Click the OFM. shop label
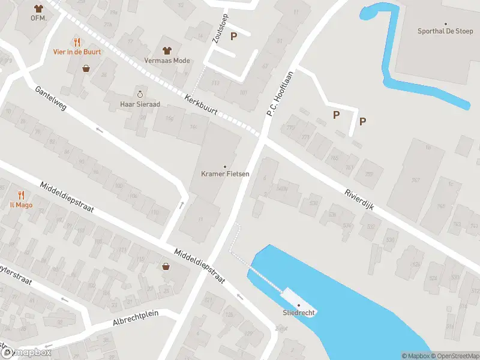coord(38,18)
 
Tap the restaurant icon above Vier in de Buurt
coord(77,42)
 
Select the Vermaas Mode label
coord(167,61)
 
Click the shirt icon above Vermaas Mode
coord(167,50)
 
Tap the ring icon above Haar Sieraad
coord(140,94)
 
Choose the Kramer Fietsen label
coord(225,175)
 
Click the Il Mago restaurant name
coord(21,205)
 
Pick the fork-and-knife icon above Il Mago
coord(21,195)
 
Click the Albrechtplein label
coord(134,319)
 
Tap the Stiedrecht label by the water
coord(299,313)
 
